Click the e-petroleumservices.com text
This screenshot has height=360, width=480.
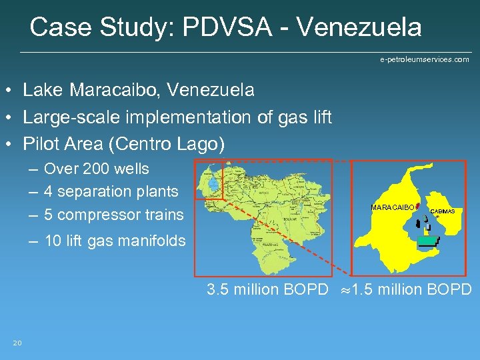click(424, 59)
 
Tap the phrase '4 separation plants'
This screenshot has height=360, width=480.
click(111, 192)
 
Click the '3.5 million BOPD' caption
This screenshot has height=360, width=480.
click(267, 289)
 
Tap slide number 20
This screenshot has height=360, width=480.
click(17, 343)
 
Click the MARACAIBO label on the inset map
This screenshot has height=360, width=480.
click(392, 208)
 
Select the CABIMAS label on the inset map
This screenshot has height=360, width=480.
click(443, 211)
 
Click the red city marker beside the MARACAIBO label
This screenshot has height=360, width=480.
click(417, 206)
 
